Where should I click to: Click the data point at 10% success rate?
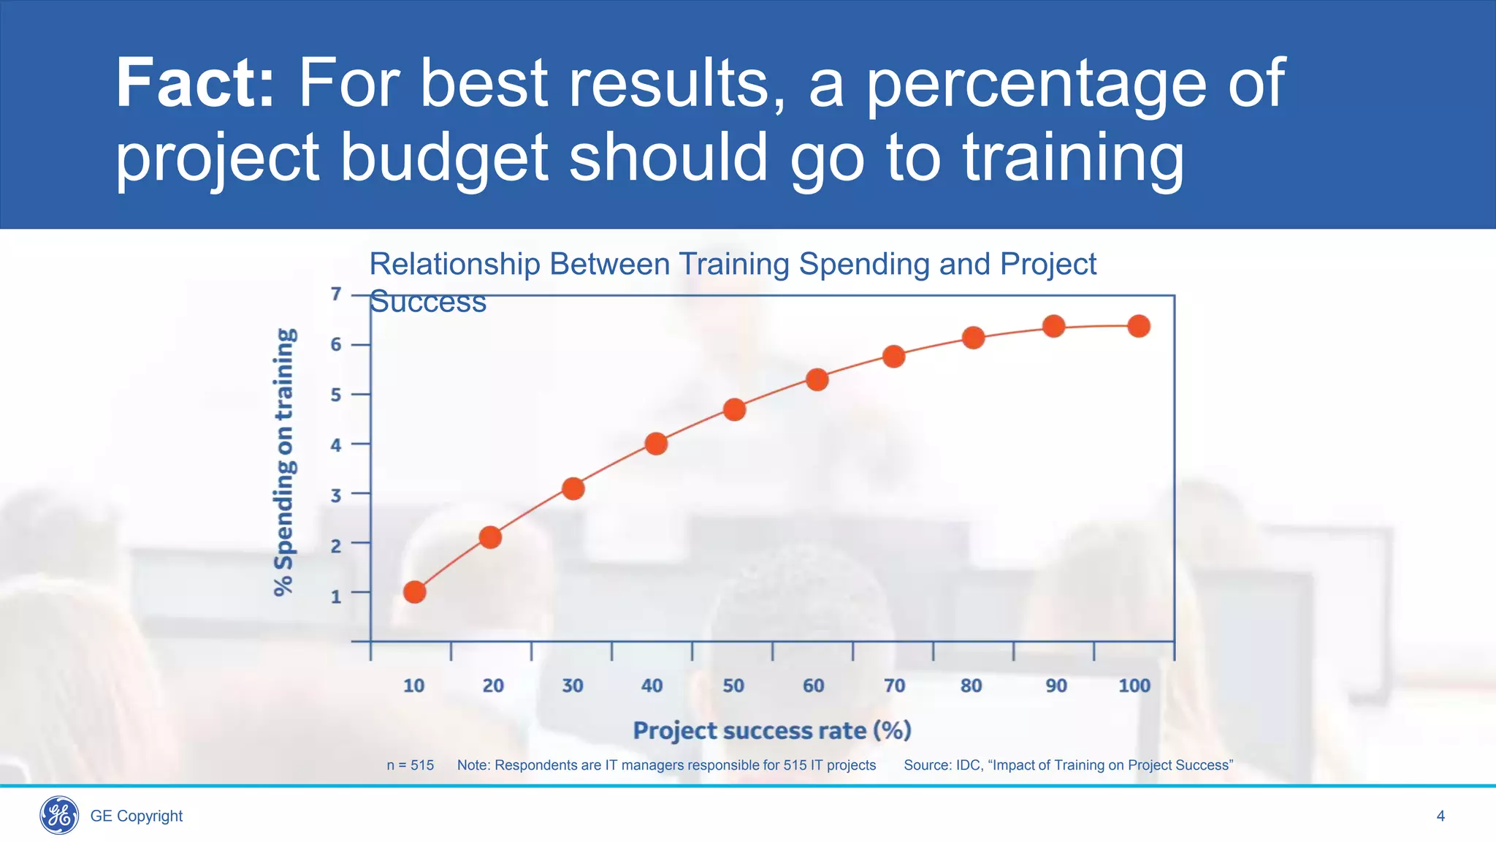click(414, 591)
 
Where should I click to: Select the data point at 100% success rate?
click(1138, 326)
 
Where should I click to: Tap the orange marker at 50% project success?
click(734, 409)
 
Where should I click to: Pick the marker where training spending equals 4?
click(656, 443)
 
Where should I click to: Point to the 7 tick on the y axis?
click(336, 294)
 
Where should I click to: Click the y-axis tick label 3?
click(336, 496)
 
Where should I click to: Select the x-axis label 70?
click(894, 686)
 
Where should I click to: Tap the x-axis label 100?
click(1134, 686)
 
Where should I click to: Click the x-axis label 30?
click(573, 686)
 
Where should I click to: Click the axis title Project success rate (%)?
click(771, 730)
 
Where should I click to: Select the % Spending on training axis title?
click(284, 462)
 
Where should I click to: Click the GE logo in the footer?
click(59, 815)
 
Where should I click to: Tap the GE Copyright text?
click(137, 816)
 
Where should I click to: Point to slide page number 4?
click(1440, 816)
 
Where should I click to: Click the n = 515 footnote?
click(410, 765)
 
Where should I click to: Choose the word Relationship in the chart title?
click(454, 264)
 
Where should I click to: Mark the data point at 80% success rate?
click(973, 338)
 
